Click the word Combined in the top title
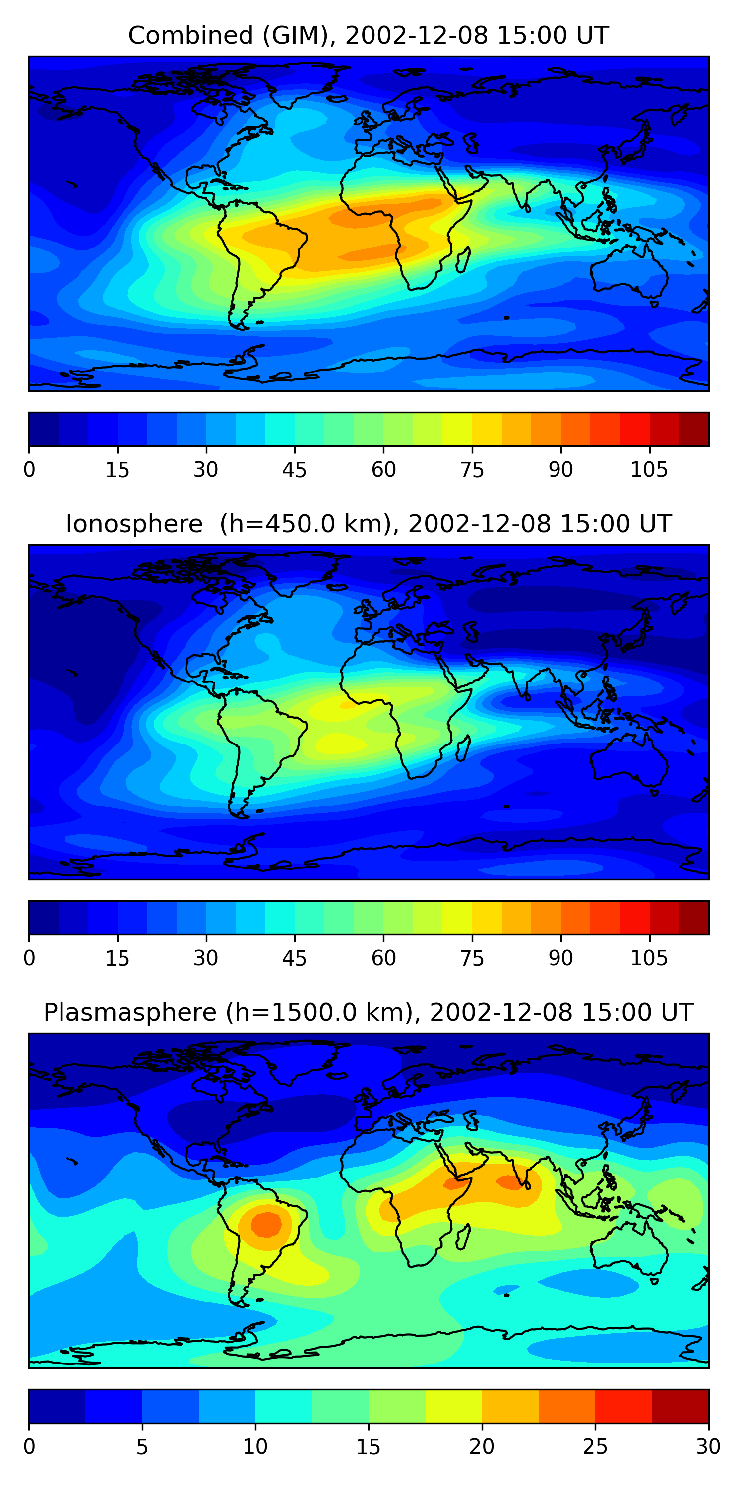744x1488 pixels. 190,36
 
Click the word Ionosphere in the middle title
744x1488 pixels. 134,524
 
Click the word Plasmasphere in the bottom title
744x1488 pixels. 129,1013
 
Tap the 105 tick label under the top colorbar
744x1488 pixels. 649,470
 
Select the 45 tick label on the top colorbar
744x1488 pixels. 294,470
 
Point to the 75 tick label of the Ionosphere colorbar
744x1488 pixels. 472,958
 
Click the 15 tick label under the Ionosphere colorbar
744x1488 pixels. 117,958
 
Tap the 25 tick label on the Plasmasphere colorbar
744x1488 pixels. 595,1446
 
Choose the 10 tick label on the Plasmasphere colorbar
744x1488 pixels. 255,1446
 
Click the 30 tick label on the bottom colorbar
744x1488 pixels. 708,1446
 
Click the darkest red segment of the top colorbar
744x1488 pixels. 694,429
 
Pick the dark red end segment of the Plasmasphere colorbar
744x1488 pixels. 680,1406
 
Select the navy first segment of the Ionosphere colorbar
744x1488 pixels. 44,917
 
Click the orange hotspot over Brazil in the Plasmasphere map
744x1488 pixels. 266,1224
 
